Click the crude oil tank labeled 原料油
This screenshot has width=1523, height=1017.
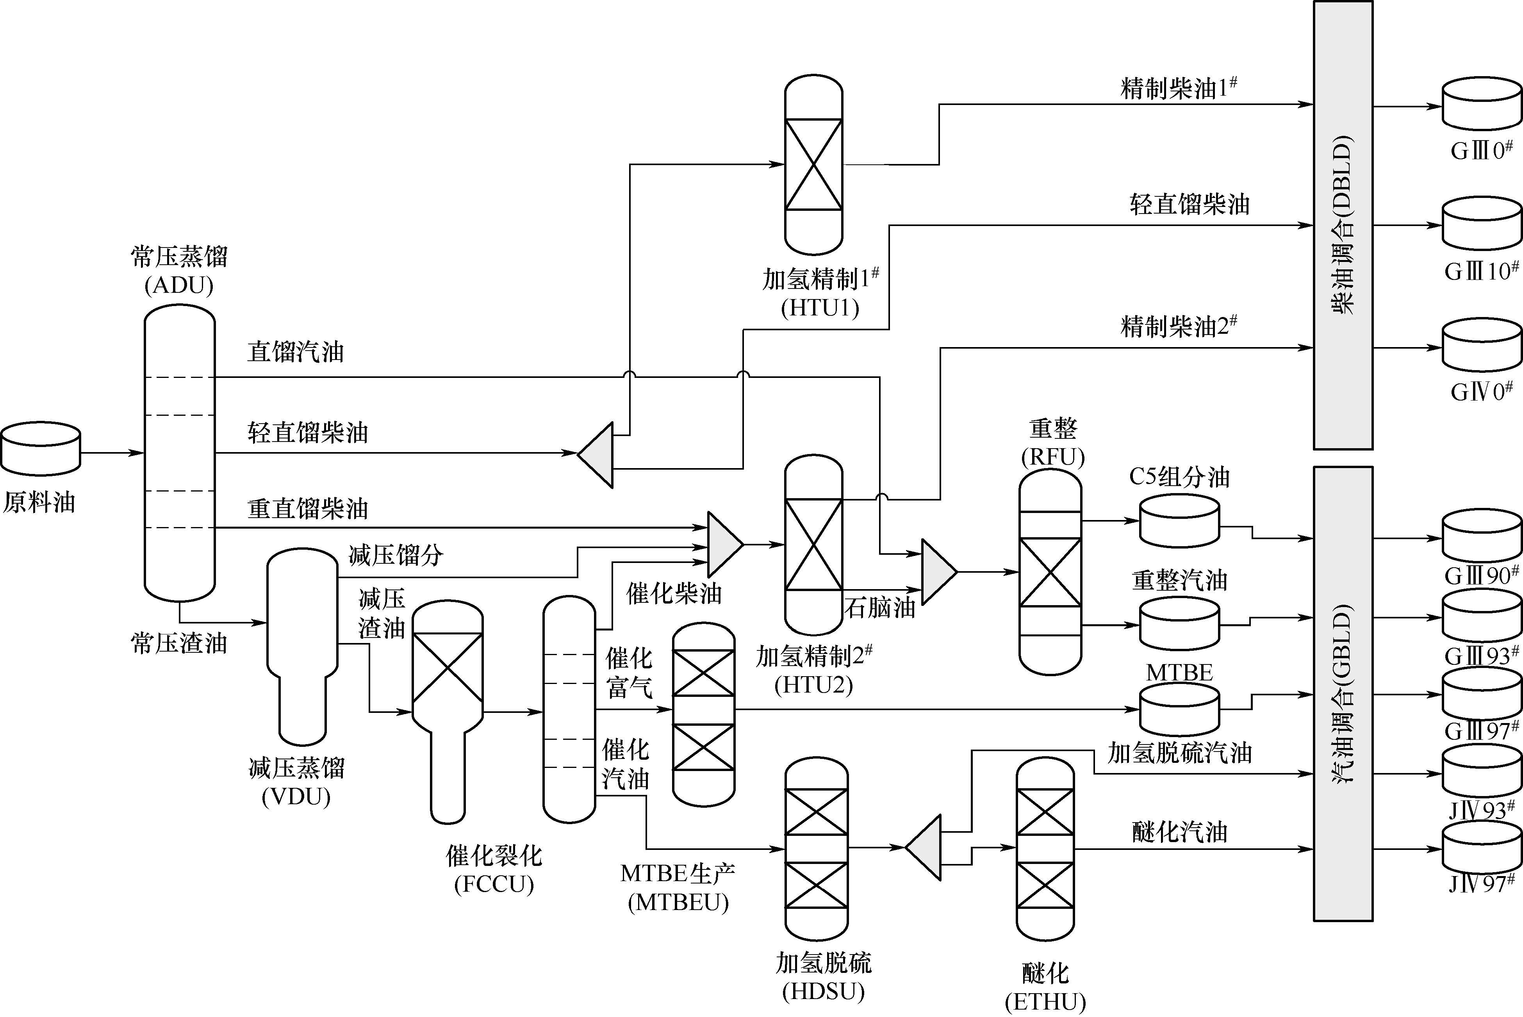40,449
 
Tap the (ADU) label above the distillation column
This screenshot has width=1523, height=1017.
179,285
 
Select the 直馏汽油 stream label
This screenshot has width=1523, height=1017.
295,352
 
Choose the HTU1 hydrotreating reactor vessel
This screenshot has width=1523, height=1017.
813,165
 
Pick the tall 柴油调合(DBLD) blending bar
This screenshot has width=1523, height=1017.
1343,225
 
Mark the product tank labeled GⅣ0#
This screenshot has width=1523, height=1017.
1482,345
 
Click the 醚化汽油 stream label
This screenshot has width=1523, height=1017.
1179,832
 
